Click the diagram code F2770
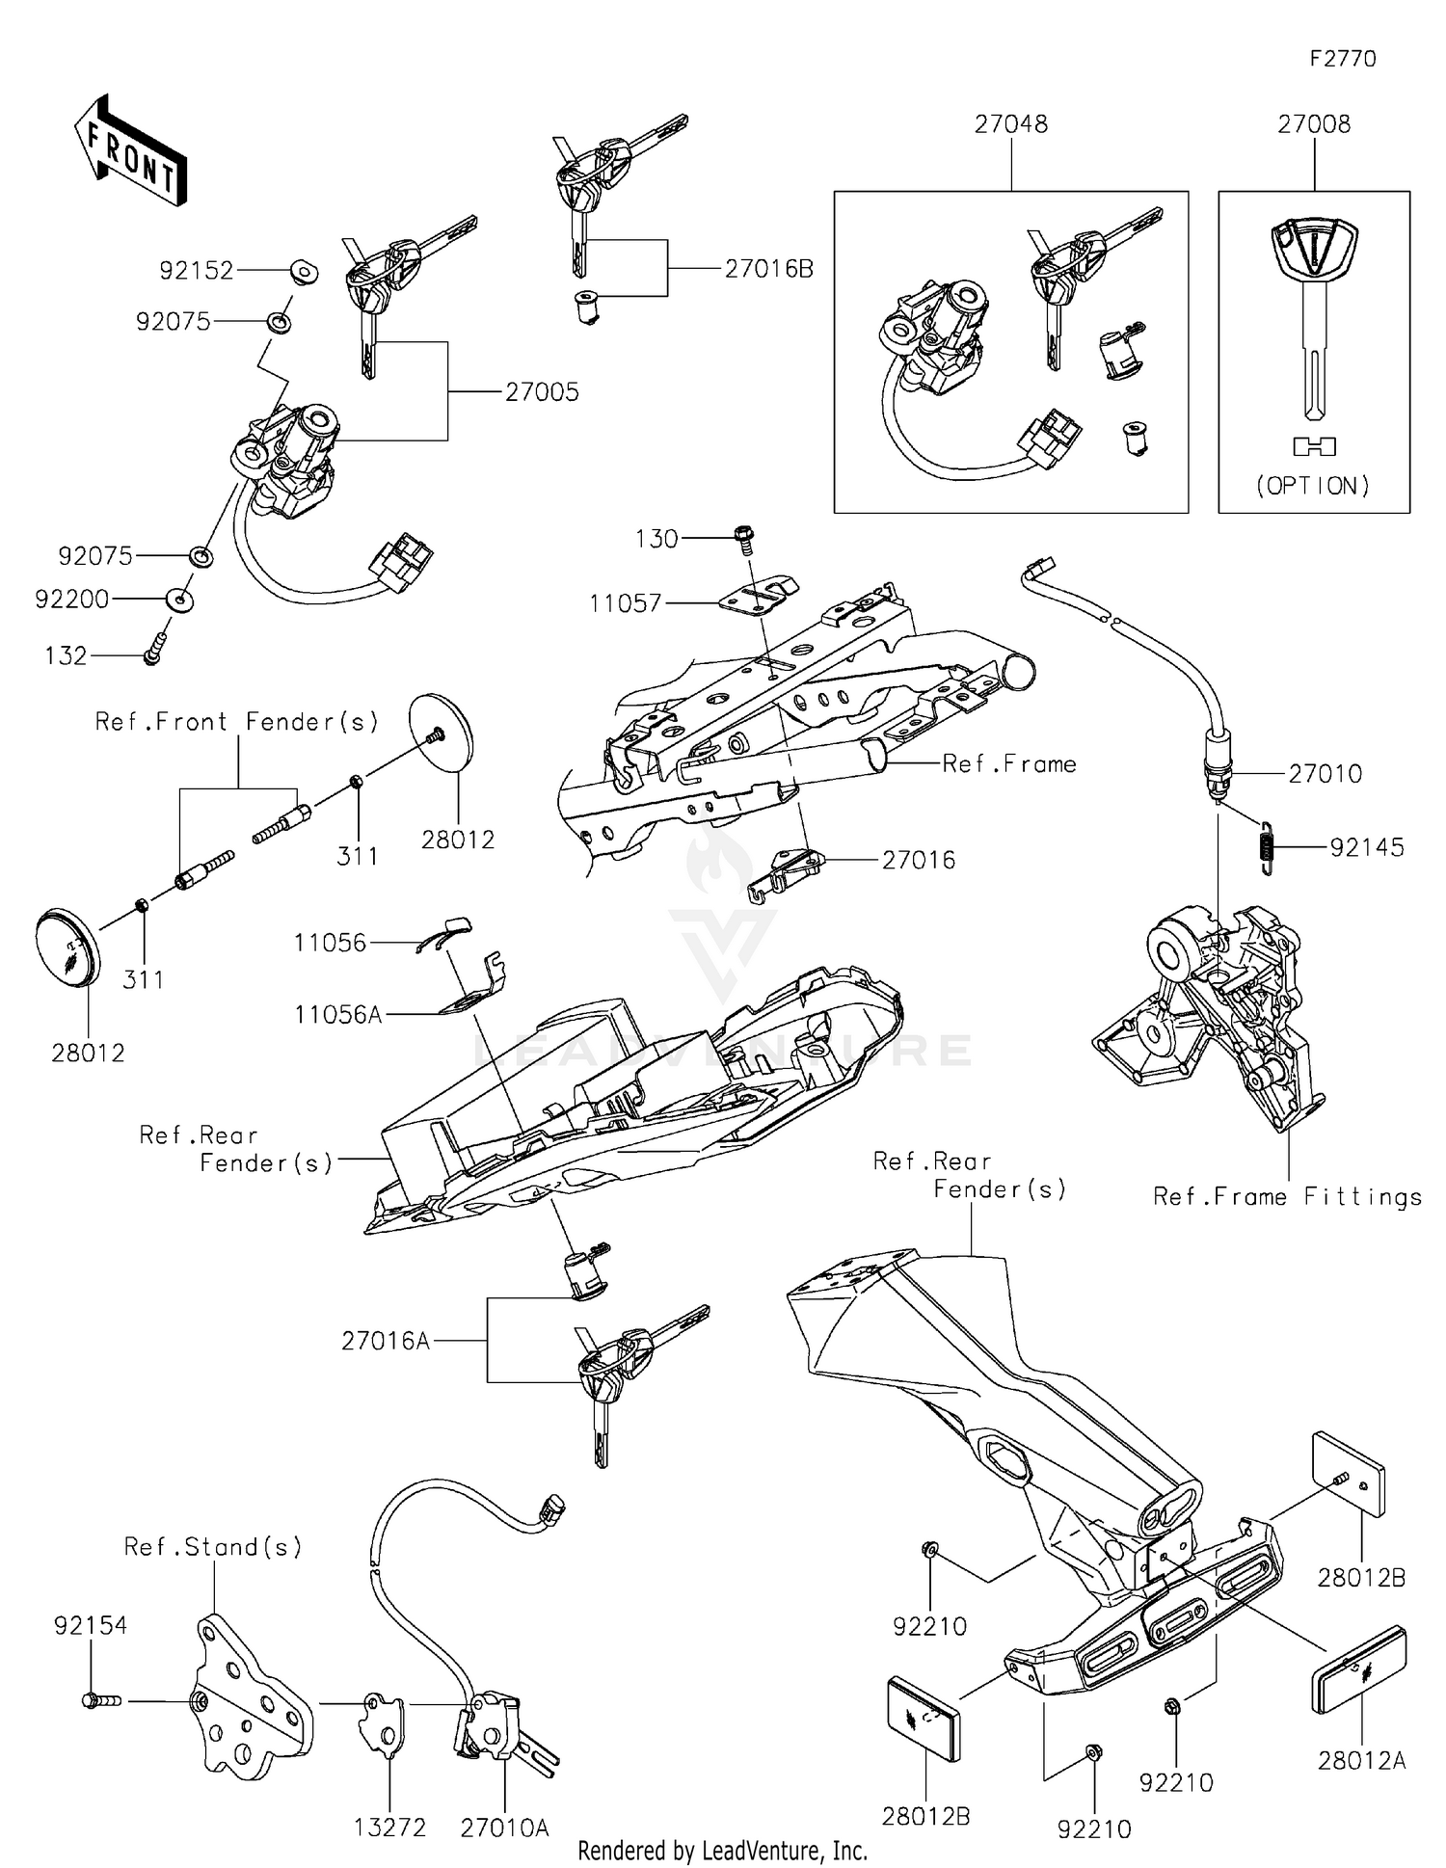(x=1342, y=59)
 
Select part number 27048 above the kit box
(x=1010, y=124)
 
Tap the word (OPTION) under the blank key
(x=1313, y=486)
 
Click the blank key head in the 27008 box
(x=1314, y=250)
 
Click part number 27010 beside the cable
(x=1325, y=773)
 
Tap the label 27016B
(x=768, y=269)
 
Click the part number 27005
(x=542, y=392)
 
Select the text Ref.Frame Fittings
(x=1287, y=1197)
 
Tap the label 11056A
(x=338, y=1014)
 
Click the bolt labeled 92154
(x=100, y=1701)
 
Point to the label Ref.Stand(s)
(x=213, y=1547)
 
